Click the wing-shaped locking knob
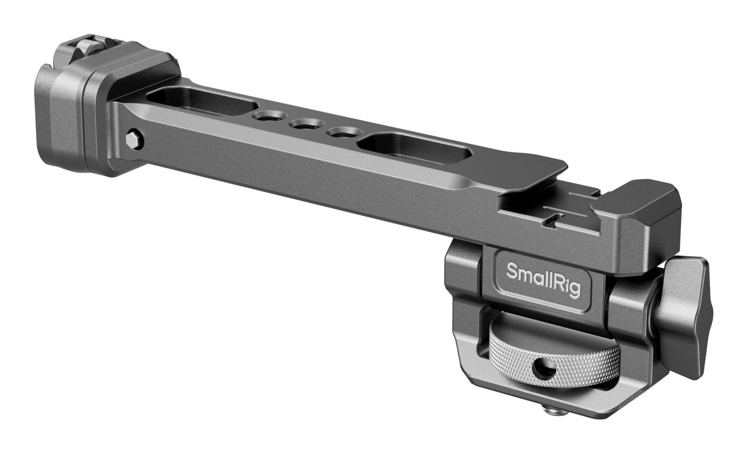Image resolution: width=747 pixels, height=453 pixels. (x=685, y=315)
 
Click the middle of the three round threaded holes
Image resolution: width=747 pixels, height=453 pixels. (x=307, y=126)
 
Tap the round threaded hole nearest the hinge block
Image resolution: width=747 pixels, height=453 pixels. (x=270, y=117)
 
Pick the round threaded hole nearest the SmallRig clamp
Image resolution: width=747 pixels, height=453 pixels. (x=341, y=133)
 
